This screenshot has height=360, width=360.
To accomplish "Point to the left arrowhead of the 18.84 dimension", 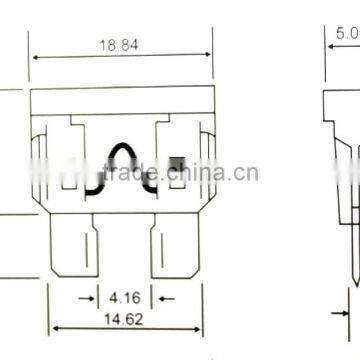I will tap(35, 56).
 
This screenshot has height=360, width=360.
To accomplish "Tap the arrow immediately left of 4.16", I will tap(89, 297).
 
